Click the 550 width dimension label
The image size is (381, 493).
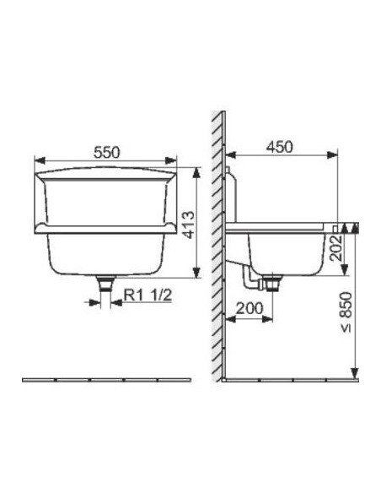pyautogui.click(x=107, y=152)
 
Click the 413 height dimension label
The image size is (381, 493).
pyautogui.click(x=188, y=225)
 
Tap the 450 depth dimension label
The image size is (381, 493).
pyautogui.click(x=279, y=147)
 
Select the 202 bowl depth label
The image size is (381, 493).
pyautogui.click(x=337, y=248)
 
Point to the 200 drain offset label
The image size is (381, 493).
pyautogui.click(x=250, y=308)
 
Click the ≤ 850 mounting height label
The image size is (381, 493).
pyautogui.click(x=346, y=312)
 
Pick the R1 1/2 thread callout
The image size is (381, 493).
pyautogui.click(x=148, y=295)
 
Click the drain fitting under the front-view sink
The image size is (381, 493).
pyautogui.click(x=105, y=284)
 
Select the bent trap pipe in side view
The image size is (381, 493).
pyautogui.click(x=251, y=279)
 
